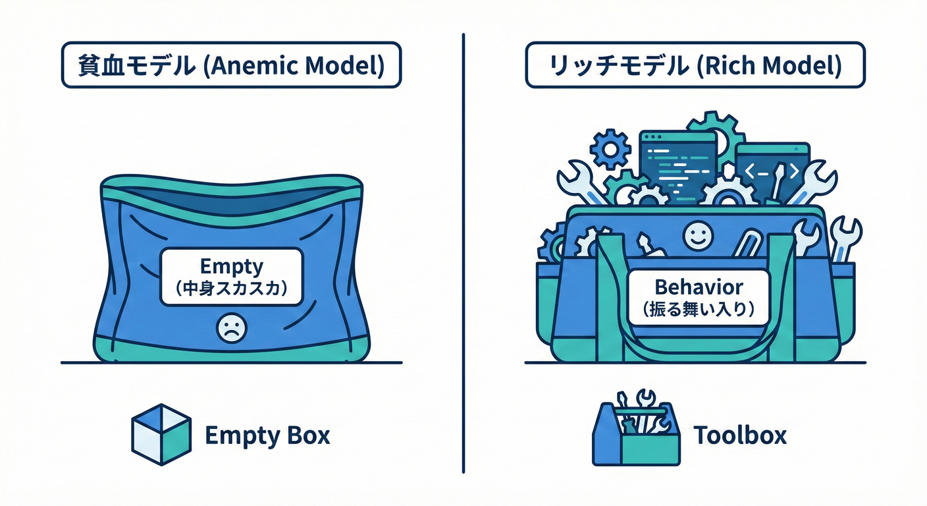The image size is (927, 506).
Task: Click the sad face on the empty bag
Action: tap(230, 327)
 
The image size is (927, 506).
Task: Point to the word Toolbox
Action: tap(740, 435)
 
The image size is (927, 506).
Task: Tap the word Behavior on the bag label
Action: tap(699, 287)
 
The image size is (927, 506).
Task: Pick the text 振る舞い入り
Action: tap(699, 308)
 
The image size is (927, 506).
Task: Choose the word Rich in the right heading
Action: tap(731, 65)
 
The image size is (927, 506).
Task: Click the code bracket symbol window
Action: tap(772, 170)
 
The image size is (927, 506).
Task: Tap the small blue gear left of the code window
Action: tap(610, 150)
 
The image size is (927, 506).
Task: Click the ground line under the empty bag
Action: tap(230, 362)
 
